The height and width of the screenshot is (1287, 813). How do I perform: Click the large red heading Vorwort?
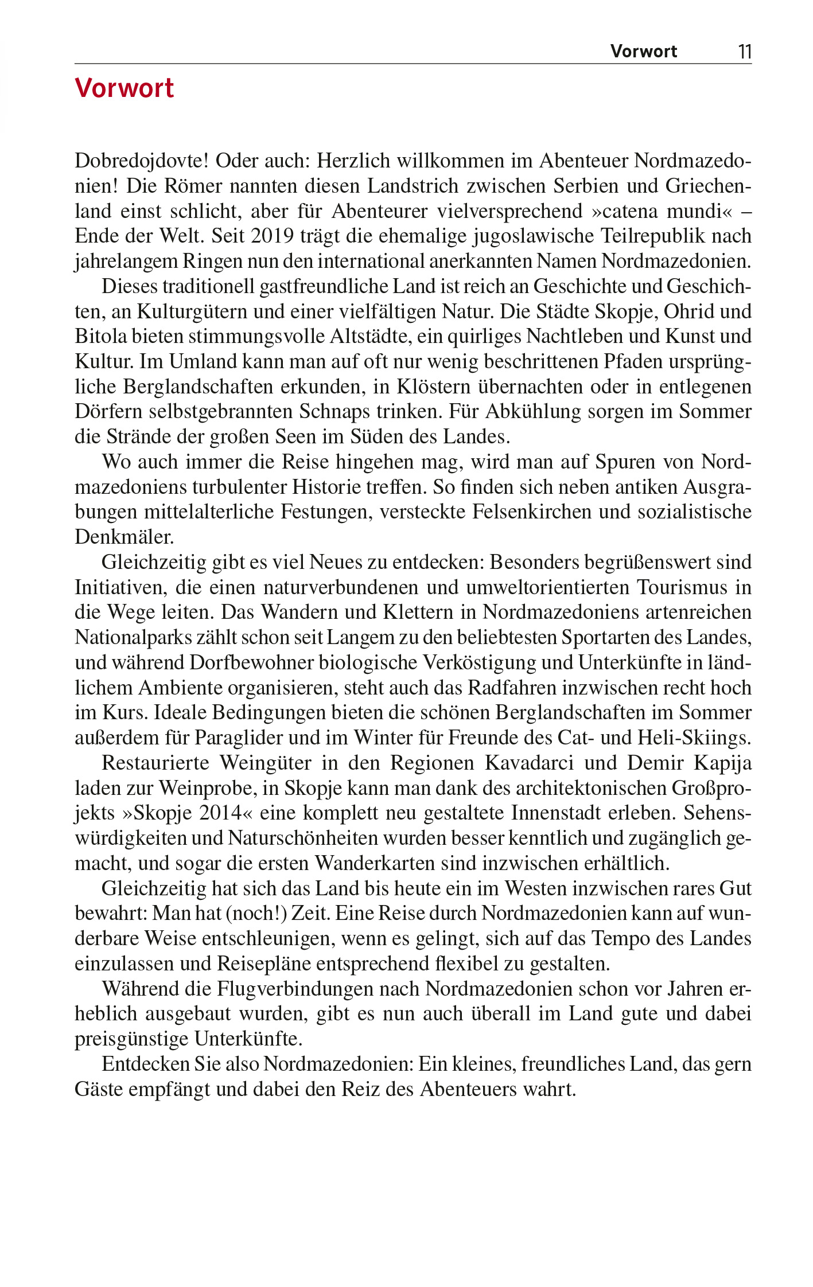point(124,89)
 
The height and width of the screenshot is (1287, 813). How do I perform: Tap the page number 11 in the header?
point(744,52)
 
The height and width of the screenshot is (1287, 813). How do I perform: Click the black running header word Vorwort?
point(643,52)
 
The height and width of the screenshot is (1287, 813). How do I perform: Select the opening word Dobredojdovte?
point(141,161)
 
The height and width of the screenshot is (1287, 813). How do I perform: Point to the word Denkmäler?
point(124,537)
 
